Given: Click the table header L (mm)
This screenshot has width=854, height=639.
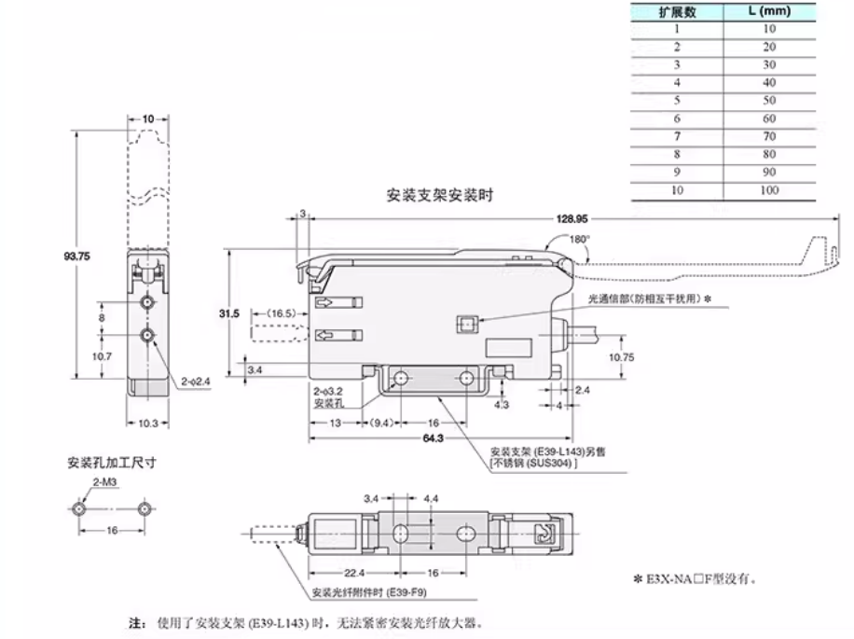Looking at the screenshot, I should tap(769, 11).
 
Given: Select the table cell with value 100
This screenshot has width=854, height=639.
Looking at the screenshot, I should tap(769, 190).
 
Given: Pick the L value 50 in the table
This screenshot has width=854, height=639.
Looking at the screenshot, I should tap(769, 101).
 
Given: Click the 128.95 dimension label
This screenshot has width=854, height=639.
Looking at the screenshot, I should tap(570, 220).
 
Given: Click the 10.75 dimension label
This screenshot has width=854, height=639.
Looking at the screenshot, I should tap(621, 357).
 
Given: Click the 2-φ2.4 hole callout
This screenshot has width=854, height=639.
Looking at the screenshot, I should tap(197, 381).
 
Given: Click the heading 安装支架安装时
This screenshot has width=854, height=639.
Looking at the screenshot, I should tap(439, 197).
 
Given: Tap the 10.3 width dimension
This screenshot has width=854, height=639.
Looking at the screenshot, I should tap(146, 424).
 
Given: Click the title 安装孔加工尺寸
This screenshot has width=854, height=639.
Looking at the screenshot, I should tap(111, 462).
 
